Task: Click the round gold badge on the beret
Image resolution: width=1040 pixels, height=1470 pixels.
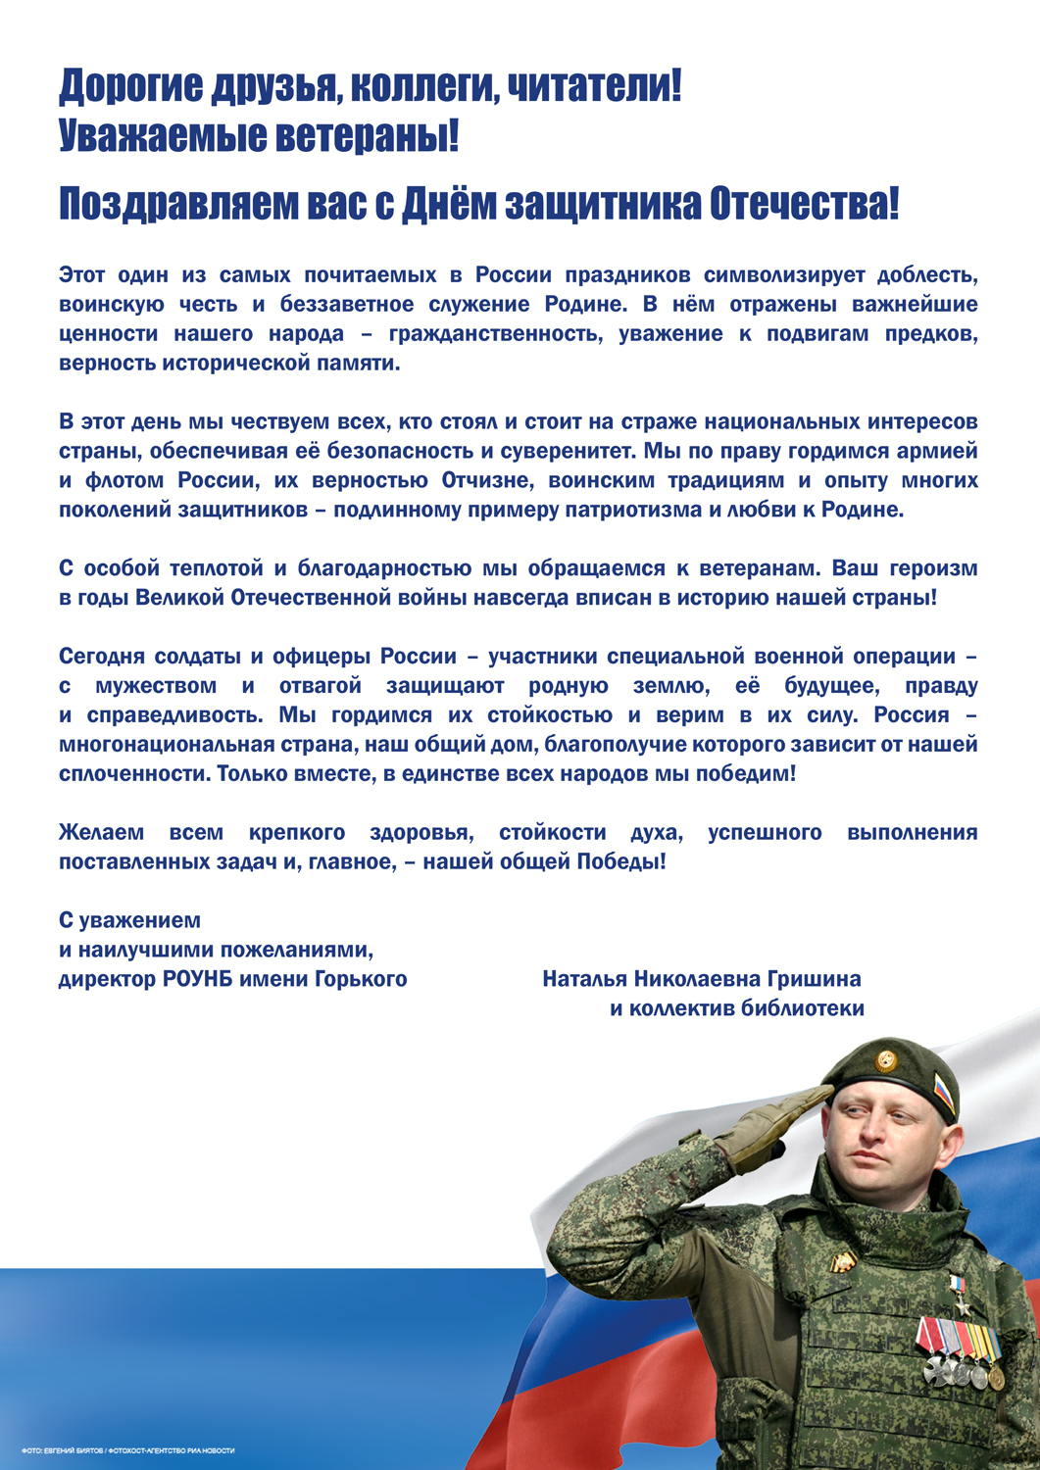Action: pos(886,1060)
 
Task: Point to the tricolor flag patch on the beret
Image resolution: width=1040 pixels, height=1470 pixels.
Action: pos(944,1095)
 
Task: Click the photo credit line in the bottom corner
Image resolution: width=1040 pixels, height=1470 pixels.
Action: pos(127,1450)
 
